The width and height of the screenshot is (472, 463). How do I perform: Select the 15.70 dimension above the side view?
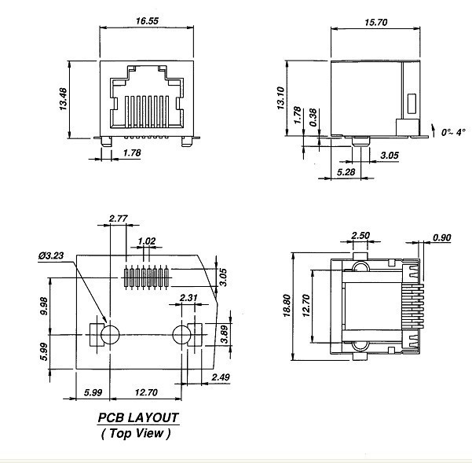(x=375, y=23)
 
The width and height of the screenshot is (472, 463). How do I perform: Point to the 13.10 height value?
(x=281, y=98)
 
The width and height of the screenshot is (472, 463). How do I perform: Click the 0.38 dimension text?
(x=314, y=118)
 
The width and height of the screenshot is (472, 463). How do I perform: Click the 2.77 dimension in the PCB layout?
(x=119, y=217)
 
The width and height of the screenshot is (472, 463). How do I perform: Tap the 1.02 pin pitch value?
(x=146, y=241)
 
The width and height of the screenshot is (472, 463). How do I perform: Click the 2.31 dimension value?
(x=188, y=297)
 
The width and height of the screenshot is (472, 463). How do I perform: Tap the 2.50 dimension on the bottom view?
(x=360, y=235)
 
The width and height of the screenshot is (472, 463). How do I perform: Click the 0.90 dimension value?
(x=442, y=237)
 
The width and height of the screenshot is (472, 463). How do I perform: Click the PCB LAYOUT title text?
(x=137, y=417)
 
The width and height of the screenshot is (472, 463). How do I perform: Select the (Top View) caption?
(x=136, y=432)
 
